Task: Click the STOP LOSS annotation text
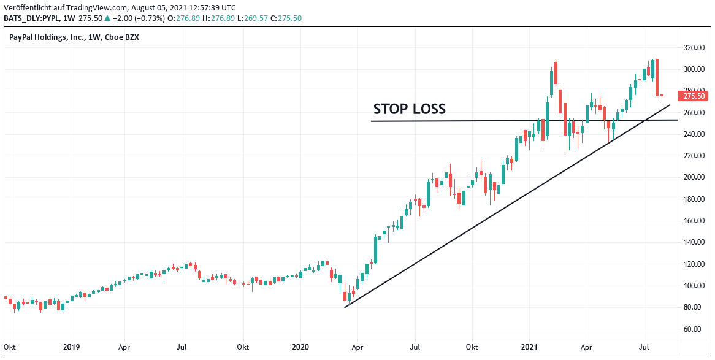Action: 409,109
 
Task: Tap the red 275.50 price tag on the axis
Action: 694,96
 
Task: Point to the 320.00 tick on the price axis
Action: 694,47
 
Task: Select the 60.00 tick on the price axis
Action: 695,329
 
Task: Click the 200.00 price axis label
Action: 694,177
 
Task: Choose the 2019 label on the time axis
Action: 71,347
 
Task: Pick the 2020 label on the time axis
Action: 300,347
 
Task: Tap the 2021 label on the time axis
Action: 529,347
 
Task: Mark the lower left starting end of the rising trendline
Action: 345,307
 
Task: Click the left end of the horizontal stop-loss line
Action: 371,121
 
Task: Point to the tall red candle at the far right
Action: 657,77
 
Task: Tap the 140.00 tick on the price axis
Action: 694,242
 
